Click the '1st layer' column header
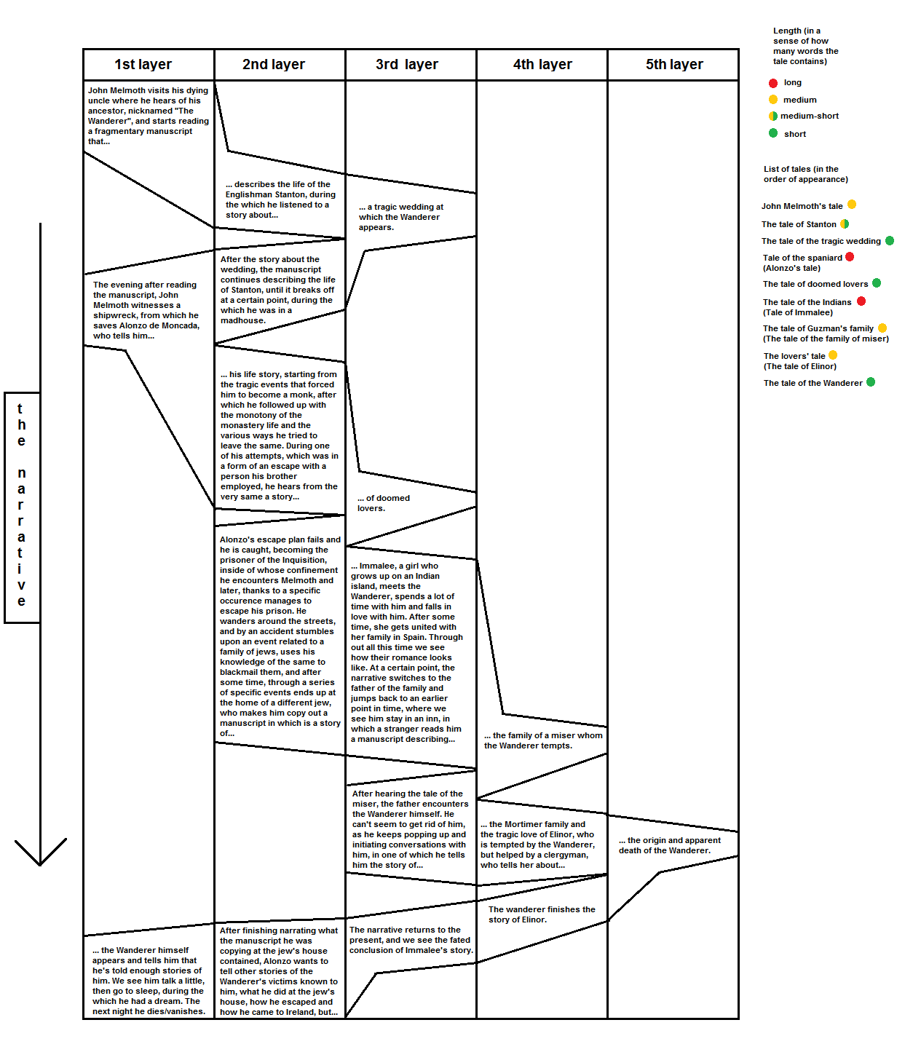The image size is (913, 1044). (x=143, y=64)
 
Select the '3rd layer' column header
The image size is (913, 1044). (x=407, y=64)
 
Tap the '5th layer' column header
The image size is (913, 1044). (x=674, y=64)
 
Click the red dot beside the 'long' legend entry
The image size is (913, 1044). (x=773, y=83)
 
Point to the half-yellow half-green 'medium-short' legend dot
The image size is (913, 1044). (x=773, y=116)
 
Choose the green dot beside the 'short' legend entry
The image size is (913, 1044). (x=773, y=133)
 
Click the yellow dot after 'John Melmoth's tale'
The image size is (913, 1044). (x=852, y=205)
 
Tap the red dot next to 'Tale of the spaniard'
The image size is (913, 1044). (x=850, y=257)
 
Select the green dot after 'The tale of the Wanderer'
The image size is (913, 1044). (x=871, y=382)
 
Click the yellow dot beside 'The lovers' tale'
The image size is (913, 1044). (x=833, y=355)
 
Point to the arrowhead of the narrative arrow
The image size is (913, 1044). (x=40, y=864)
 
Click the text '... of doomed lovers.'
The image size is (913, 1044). (x=383, y=503)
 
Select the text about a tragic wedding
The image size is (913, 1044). (x=400, y=217)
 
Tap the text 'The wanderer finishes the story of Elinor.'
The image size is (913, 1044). (x=542, y=914)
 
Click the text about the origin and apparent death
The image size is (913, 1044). (x=670, y=845)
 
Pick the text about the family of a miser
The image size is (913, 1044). (x=543, y=740)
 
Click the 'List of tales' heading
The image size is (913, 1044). (x=806, y=174)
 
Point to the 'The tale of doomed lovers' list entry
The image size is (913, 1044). (x=815, y=284)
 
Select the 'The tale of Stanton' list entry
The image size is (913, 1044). (x=799, y=224)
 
